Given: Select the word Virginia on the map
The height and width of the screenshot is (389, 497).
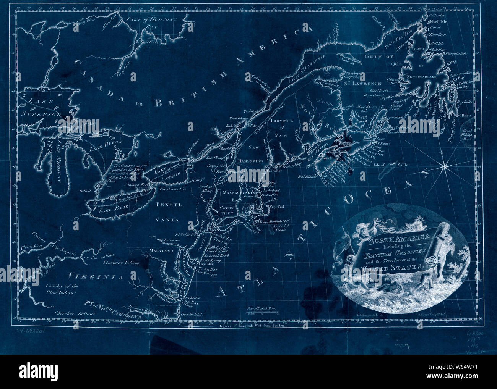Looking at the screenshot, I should pyautogui.click(x=93, y=276).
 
